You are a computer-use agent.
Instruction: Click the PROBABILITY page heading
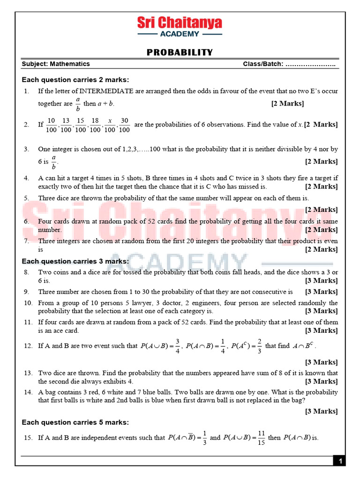180,52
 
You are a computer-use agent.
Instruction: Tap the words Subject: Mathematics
56,64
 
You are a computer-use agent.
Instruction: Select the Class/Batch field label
262,64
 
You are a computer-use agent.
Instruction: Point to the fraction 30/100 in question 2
124,125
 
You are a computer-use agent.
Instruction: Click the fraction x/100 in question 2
110,125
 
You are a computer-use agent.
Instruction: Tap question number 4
27,178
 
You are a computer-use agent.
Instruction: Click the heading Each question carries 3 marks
75,261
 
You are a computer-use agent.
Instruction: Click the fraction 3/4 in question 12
177,346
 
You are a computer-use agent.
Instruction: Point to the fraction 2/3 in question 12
259,346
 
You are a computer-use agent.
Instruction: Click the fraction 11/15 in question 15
262,438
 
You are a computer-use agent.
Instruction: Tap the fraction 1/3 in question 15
204,438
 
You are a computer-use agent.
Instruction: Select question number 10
28,303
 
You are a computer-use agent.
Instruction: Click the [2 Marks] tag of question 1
287,104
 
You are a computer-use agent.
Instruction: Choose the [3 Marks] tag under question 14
321,411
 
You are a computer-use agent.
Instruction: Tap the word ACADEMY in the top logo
180,34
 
